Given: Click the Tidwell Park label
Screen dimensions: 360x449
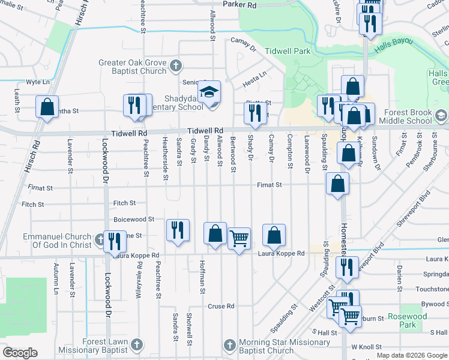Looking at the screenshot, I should [x=288, y=51].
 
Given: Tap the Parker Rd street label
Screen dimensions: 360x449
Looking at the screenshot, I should [x=240, y=5].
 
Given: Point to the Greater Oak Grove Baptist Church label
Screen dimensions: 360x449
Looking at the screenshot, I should [x=132, y=67].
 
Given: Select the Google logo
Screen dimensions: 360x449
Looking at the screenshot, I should [x=20, y=352].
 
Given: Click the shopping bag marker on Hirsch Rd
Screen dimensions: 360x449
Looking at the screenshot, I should [x=47, y=107].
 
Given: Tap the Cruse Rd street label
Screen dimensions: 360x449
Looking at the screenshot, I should [x=221, y=306].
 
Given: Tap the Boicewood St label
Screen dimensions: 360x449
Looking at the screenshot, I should [x=134, y=220].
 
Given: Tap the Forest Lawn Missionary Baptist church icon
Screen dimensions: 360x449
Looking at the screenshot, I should [x=137, y=344].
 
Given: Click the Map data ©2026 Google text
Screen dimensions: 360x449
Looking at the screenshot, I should [x=412, y=355].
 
